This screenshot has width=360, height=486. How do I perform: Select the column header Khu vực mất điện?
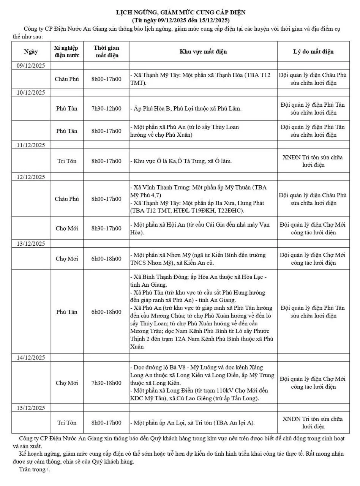(203, 52)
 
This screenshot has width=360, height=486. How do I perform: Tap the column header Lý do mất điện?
(313, 52)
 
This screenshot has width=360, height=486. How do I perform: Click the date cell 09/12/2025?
(31, 66)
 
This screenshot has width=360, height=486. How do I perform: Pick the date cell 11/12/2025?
(31, 145)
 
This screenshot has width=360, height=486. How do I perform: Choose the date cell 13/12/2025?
(31, 243)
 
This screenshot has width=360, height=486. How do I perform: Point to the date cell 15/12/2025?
(31, 408)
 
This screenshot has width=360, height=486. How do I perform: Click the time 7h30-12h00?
(106, 109)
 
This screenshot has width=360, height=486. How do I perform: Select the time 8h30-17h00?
(106, 228)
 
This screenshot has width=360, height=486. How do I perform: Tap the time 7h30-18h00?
(106, 383)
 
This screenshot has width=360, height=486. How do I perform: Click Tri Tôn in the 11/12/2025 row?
(67, 161)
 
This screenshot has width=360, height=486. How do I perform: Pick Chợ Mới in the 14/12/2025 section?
(67, 383)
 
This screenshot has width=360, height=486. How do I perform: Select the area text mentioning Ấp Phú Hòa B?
(186, 109)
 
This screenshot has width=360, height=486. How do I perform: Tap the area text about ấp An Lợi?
(192, 423)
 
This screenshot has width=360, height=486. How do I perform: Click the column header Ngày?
(31, 52)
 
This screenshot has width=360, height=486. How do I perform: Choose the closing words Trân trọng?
(35, 469)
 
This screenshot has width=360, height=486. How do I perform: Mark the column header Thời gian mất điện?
(106, 52)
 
